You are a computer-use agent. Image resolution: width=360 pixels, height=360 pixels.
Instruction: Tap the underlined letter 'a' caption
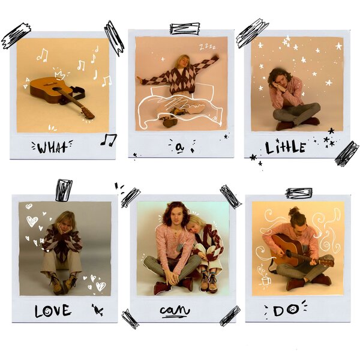pyautogui.click(x=179, y=148)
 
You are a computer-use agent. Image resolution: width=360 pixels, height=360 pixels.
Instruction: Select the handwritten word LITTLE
pyautogui.click(x=286, y=148)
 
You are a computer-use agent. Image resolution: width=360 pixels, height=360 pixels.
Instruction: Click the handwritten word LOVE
pyautogui.click(x=53, y=311)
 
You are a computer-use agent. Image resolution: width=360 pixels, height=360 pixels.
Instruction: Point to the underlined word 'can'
pyautogui.click(x=175, y=311)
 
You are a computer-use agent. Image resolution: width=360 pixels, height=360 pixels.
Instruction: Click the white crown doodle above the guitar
pyautogui.click(x=59, y=74)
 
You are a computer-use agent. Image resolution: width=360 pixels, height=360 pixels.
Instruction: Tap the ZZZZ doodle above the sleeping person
pyautogui.click(x=208, y=47)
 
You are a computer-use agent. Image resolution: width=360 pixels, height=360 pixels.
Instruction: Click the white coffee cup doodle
pyautogui.click(x=266, y=281)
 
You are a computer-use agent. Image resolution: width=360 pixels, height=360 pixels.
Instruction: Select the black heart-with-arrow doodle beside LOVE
pyautogui.click(x=98, y=310)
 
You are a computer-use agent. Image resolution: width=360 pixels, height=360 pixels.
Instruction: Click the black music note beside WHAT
pyautogui.click(x=109, y=140)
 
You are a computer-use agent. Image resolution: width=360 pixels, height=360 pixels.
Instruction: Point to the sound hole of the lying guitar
pyautogui.click(x=55, y=89)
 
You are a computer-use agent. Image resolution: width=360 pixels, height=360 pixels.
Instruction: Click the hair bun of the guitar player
pyautogui.click(x=295, y=211)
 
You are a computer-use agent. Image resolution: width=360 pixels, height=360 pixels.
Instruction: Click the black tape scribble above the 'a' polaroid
pyautogui.click(x=185, y=28)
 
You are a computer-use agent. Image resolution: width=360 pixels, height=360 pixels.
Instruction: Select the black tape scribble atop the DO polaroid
pyautogui.click(x=299, y=193)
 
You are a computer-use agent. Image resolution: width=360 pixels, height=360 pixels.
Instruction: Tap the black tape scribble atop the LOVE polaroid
pyautogui.click(x=64, y=191)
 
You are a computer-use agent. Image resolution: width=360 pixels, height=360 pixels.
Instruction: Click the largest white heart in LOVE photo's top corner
pyautogui.click(x=32, y=221)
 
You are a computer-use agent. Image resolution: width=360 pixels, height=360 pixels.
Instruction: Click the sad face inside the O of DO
pyautogui.click(x=293, y=310)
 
